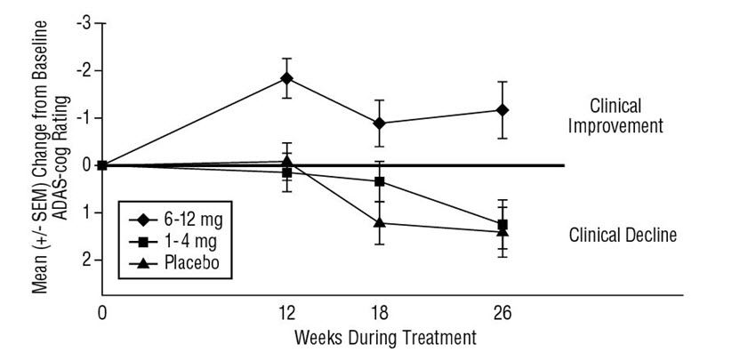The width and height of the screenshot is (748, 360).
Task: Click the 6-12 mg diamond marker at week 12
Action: (286, 78)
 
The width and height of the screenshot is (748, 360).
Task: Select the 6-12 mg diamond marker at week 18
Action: (380, 124)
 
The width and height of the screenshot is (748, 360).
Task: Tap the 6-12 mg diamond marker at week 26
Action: (503, 110)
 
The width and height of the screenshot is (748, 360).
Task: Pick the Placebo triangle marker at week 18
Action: (380, 222)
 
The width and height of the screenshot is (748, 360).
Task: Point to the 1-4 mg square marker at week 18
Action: (380, 181)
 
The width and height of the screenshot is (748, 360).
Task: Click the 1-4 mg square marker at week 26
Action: (503, 224)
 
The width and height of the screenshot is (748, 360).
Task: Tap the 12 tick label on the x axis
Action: (286, 315)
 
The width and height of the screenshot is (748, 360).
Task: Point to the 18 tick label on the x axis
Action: (380, 315)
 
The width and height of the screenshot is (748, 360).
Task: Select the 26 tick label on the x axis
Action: (503, 315)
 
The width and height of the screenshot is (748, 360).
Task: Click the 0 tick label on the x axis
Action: (102, 315)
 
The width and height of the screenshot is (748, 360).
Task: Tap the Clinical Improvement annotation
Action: (627, 116)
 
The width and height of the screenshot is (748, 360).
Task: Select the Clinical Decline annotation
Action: (623, 236)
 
